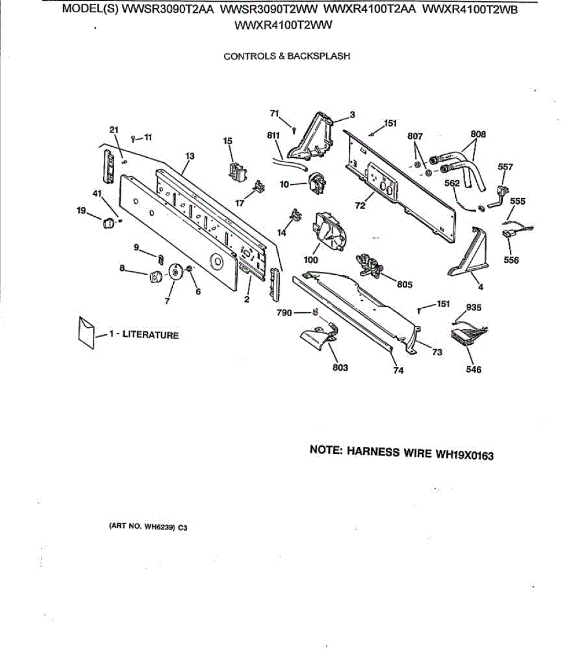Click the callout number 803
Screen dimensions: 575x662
pos(340,367)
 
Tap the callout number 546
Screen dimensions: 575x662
pos(473,369)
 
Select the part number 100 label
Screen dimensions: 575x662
pos(311,260)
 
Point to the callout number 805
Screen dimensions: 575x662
pos(404,285)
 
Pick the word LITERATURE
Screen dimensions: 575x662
pos(150,335)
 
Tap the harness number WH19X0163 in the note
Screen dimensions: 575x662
pos(465,455)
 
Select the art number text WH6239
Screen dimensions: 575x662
pos(159,527)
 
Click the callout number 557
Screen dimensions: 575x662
pos(505,167)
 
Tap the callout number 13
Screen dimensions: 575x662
pos(190,156)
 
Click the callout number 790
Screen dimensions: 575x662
pos(284,313)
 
